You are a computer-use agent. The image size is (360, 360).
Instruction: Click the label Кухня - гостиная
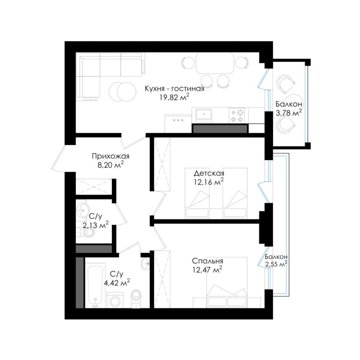175,89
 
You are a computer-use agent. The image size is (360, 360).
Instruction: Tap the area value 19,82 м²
175,98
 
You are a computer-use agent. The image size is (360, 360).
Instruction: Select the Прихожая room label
111,156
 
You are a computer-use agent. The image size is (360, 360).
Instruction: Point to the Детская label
209,173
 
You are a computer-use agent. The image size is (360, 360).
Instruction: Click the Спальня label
207,261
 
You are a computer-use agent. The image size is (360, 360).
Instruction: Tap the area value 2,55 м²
276,264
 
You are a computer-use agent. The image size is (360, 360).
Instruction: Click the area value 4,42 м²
117,283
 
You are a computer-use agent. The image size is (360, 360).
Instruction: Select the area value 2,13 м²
95,225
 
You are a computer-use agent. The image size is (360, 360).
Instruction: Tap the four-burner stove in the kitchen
237,116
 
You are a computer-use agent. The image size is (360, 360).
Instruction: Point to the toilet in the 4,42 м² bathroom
136,298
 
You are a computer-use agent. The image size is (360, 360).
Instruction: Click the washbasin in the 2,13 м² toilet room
82,210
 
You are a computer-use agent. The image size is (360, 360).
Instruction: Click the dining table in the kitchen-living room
215,63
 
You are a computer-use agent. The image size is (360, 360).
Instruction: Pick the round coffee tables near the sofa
122,92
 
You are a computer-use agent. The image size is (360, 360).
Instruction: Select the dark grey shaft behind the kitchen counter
220,129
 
